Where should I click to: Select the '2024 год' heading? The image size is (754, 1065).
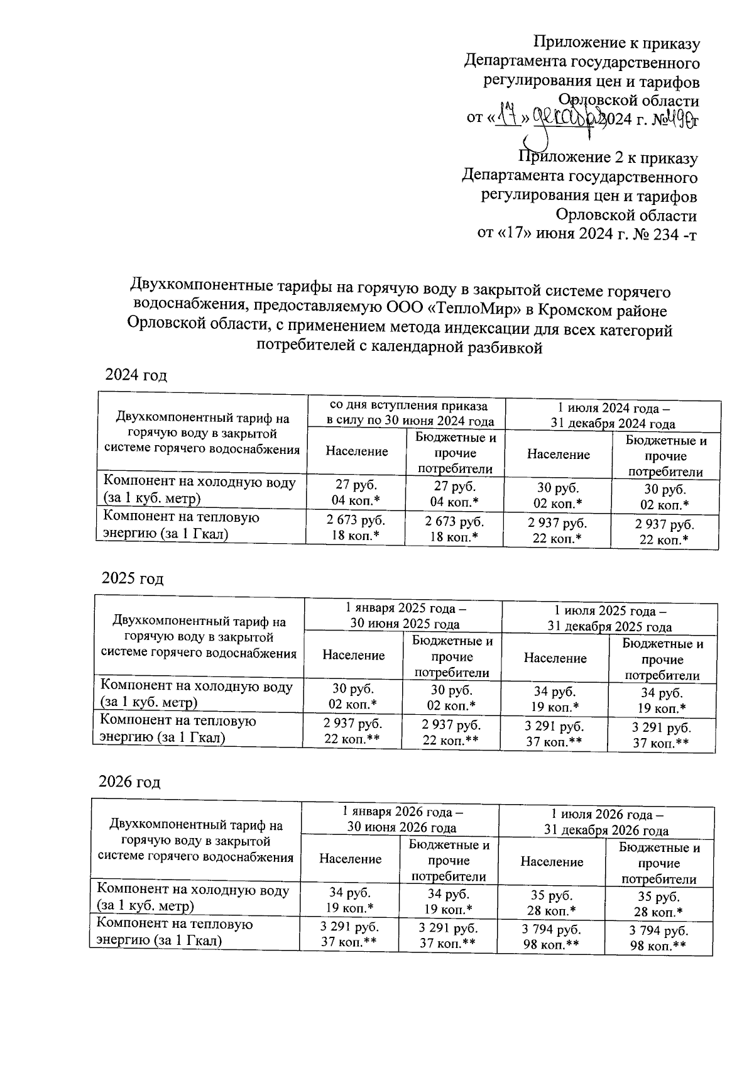136,375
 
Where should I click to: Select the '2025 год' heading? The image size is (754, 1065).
133,578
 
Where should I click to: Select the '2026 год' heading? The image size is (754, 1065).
130,781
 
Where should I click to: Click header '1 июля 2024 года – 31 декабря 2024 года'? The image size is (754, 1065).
613,415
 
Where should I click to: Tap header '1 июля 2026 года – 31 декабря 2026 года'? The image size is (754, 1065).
606,822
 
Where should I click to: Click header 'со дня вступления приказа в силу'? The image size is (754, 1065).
408,413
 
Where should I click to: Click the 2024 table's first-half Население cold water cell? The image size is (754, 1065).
356,494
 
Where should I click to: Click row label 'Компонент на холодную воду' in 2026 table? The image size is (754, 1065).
192,898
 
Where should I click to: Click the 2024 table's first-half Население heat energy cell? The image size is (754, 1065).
356,529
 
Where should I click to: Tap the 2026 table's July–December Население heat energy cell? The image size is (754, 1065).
551,937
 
